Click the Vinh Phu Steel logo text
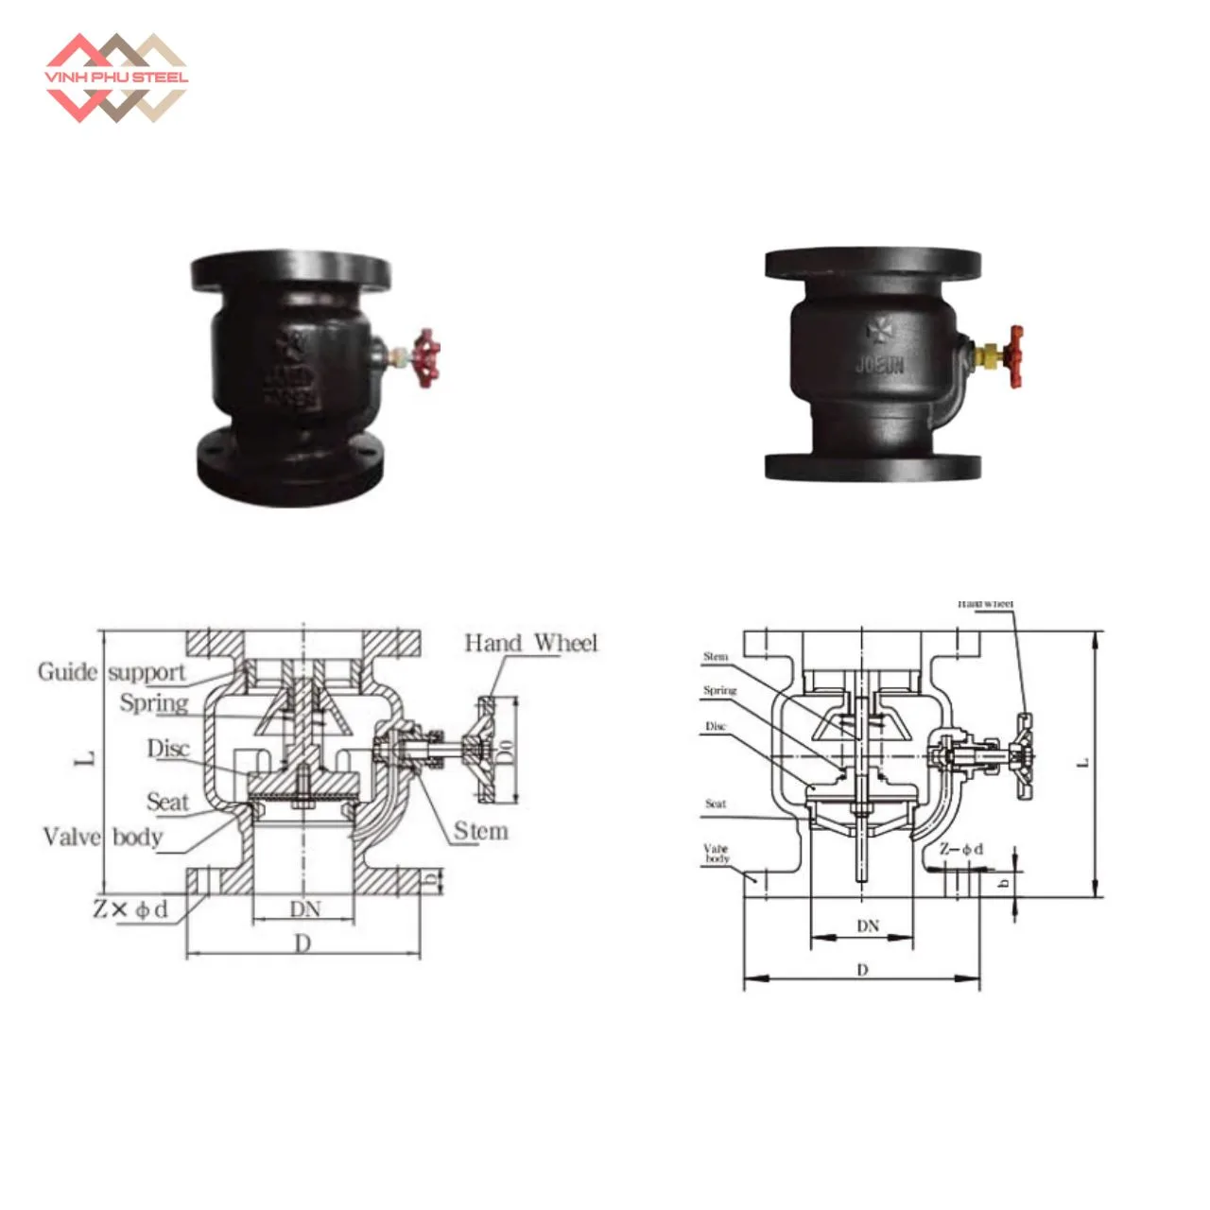(116, 78)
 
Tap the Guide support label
(112, 672)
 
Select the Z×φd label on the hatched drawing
(131, 909)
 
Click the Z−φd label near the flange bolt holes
(960, 849)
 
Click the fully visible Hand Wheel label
(531, 643)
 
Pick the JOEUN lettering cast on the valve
(879, 364)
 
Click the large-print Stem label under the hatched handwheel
(480, 831)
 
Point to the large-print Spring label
(153, 703)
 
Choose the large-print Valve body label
(102, 837)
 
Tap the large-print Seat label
(167, 802)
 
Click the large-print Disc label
(168, 749)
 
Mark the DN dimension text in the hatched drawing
(304, 909)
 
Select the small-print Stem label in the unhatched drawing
(716, 657)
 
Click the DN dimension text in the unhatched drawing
(868, 926)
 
